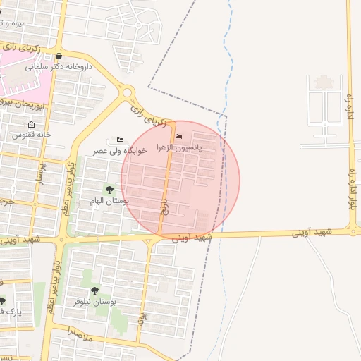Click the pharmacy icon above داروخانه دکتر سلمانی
tap(58, 56)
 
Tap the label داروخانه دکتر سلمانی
tap(58, 68)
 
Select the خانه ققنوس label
tap(32, 134)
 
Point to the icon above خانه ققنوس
tap(31, 124)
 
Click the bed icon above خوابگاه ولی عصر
tap(120, 140)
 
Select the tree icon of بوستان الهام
tap(109, 190)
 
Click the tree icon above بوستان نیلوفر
tap(94, 290)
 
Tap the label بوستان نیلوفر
tap(94, 301)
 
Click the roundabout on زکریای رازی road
tap(128, 92)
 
